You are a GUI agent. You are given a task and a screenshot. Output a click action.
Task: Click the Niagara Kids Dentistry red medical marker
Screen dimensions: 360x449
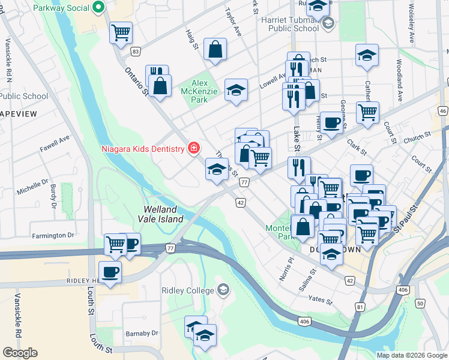pos(193,148)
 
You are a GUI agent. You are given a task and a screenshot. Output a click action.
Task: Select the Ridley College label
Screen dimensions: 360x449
pos(187,290)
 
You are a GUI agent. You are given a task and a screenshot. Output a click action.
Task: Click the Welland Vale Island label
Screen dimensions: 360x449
pos(163,214)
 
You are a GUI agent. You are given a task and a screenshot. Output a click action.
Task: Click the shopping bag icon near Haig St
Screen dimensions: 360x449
pos(215,51)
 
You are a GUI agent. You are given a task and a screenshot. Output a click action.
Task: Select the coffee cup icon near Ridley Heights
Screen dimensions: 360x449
pos(109,272)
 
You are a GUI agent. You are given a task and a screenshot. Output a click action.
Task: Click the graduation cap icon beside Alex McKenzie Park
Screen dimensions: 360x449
pos(236,91)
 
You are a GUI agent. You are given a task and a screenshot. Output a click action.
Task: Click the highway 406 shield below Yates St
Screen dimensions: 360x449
pos(304,322)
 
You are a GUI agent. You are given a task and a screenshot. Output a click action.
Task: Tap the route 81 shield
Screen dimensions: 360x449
pos(360,307)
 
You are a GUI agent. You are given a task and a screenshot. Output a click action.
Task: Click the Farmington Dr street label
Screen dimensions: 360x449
pos(53,235)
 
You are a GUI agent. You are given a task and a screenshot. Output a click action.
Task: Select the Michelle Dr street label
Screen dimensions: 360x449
pos(32,190)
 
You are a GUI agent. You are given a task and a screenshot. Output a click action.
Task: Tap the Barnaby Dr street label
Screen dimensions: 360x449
pos(142,333)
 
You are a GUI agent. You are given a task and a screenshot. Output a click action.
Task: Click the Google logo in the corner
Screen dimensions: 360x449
pos(20,353)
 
